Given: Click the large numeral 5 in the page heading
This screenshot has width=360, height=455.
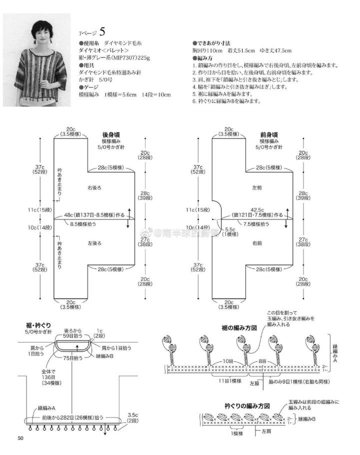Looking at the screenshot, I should [x=102, y=32].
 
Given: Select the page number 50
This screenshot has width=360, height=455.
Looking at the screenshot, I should [x=20, y=438].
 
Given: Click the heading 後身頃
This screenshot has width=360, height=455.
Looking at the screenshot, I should [x=111, y=134].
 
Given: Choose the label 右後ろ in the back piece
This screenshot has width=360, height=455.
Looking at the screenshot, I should [x=94, y=187].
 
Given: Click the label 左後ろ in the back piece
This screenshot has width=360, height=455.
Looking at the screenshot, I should [x=94, y=243].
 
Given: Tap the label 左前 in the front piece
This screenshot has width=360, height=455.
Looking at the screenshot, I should [x=257, y=187].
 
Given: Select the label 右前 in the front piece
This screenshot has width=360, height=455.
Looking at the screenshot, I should [x=257, y=243].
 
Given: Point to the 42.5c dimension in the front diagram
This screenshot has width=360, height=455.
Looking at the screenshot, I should [x=257, y=209].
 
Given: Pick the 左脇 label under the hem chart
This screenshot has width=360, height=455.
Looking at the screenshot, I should [x=254, y=383].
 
